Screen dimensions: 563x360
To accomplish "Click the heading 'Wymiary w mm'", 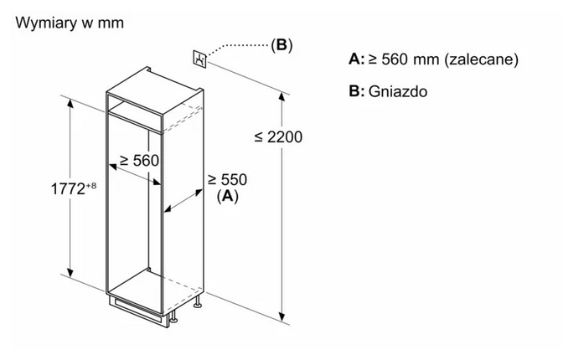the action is click(x=70, y=23).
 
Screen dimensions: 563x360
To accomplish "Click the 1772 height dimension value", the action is click(x=68, y=189).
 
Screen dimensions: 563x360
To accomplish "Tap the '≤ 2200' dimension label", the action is click(x=278, y=136).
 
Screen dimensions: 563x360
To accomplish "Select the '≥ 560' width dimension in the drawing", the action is click(x=139, y=160).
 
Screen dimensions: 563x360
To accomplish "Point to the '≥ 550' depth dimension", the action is click(x=228, y=179).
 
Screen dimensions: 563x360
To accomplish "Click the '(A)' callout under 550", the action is click(x=228, y=196).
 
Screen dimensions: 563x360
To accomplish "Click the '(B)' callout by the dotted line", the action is click(x=281, y=45).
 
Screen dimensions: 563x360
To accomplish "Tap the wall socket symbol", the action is click(x=200, y=59).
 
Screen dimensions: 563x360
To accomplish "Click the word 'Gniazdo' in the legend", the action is click(x=398, y=91).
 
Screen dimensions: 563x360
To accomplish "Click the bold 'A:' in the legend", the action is click(x=357, y=59).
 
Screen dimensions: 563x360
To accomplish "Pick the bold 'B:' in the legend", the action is click(x=357, y=90).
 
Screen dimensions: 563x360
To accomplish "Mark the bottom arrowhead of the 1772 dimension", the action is click(x=70, y=273).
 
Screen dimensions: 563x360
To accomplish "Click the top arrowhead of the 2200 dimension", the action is click(x=282, y=97).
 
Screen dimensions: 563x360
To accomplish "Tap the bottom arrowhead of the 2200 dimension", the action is click(x=282, y=316).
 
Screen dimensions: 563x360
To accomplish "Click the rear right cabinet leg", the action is click(x=198, y=302).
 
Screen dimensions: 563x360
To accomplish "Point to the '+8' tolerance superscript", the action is click(x=91, y=186).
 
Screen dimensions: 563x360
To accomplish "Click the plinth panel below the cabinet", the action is click(x=139, y=311).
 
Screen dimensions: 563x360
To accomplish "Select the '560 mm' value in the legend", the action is click(x=410, y=59).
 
